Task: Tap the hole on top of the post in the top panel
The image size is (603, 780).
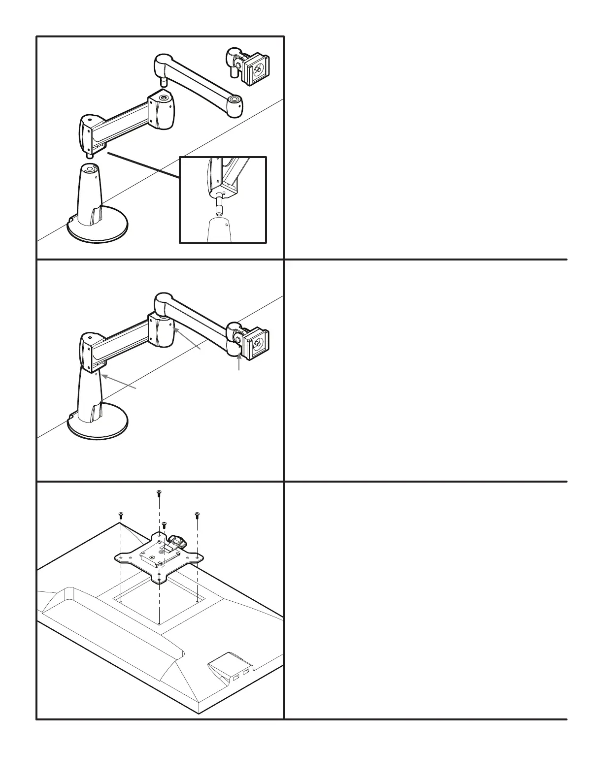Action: pyautogui.click(x=89, y=169)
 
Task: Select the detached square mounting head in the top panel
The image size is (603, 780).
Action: pyautogui.click(x=256, y=70)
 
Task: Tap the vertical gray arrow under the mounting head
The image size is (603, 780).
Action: pyautogui.click(x=239, y=362)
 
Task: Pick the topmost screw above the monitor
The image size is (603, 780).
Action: pyautogui.click(x=159, y=492)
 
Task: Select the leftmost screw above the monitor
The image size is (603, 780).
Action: pyautogui.click(x=121, y=515)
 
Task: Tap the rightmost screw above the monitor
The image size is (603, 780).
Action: pyautogui.click(x=197, y=515)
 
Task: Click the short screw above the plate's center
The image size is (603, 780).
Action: pyautogui.click(x=165, y=525)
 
